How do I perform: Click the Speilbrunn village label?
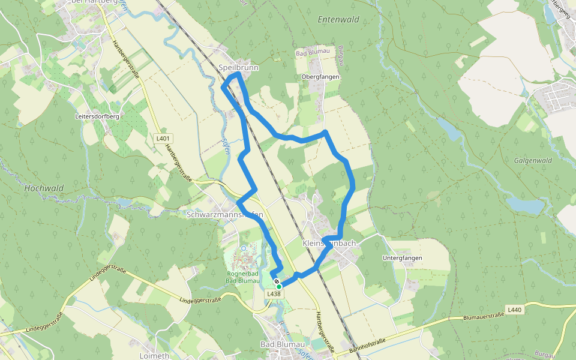click(x=239, y=68)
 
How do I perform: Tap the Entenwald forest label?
click(x=338, y=19)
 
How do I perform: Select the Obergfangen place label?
click(x=320, y=77)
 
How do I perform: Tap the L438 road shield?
click(x=274, y=293)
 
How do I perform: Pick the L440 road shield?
click(x=514, y=310)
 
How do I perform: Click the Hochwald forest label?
click(x=44, y=188)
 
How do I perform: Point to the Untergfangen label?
click(x=403, y=258)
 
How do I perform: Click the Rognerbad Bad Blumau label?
click(x=242, y=277)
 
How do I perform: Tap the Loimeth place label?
click(x=154, y=355)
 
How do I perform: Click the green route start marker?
click(x=279, y=287)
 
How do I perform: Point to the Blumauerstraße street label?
click(x=482, y=316)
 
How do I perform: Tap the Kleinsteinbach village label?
click(x=329, y=243)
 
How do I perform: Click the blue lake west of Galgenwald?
click(x=525, y=205)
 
